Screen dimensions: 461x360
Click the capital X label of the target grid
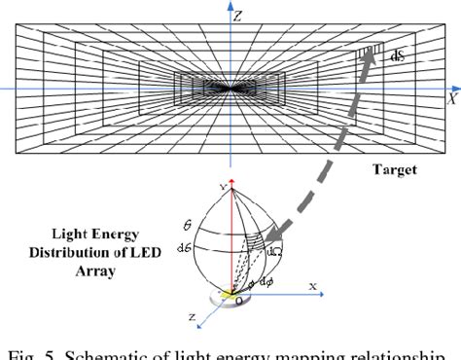click(x=450, y=97)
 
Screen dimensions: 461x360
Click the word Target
click(x=394, y=169)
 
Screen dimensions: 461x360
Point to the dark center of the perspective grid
click(x=231, y=87)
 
